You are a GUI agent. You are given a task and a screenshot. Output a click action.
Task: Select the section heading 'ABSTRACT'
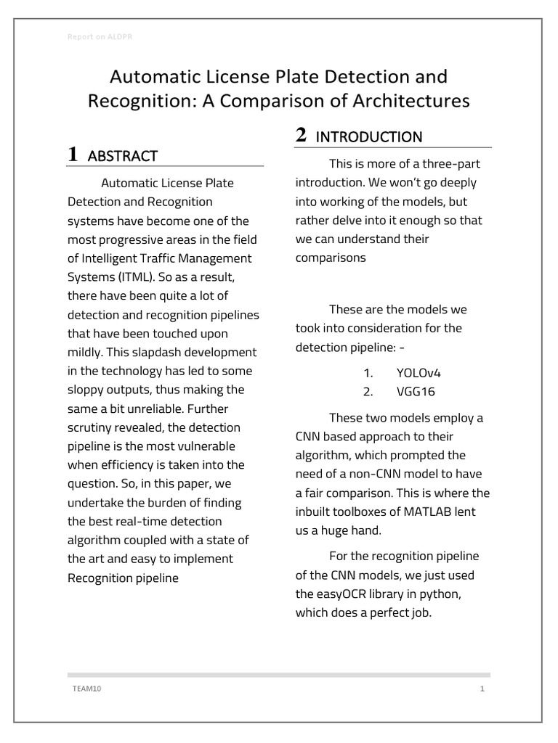pos(122,155)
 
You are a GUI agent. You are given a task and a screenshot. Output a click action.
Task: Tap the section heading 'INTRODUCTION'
pos(370,136)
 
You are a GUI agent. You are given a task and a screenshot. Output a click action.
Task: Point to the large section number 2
pos(301,135)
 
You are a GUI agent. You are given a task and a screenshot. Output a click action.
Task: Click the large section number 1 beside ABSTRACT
pos(73,154)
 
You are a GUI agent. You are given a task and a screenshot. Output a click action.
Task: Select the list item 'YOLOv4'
pos(418,373)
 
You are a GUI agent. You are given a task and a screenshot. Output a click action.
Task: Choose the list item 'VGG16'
pos(415,392)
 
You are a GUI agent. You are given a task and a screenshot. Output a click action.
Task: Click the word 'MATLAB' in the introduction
pos(426,512)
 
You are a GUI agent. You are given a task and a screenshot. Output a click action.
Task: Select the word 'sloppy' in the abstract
pos(86,390)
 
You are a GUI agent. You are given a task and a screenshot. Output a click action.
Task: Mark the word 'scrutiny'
pos(90,427)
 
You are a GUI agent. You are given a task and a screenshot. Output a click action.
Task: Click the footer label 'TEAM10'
pos(81,689)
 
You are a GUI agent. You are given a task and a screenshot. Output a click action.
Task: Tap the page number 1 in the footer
pos(482,689)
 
